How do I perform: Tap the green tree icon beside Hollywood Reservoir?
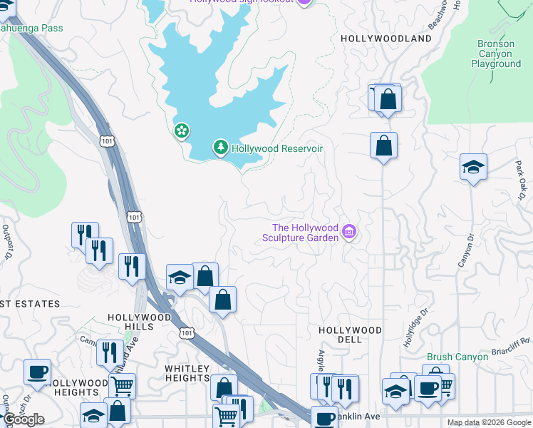(221, 148)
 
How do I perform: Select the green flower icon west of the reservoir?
(182, 131)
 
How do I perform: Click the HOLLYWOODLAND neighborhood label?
(386, 38)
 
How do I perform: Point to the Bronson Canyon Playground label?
(496, 54)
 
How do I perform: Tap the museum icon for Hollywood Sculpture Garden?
(349, 232)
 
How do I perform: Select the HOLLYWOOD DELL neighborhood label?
(350, 335)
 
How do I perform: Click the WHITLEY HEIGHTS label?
(187, 373)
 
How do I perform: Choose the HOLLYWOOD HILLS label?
(140, 322)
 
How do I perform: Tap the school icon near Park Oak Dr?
(473, 167)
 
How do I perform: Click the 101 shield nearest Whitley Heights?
(186, 333)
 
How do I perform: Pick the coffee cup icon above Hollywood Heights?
(37, 372)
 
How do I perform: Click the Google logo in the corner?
(24, 419)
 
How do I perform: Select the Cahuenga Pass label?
(31, 29)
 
